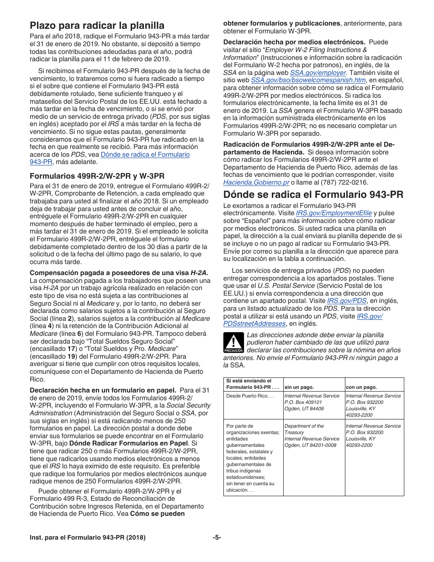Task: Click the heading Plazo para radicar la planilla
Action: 97,25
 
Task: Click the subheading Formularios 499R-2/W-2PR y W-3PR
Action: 97,176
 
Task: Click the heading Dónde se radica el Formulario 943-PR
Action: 313,195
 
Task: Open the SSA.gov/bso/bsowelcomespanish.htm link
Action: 302,80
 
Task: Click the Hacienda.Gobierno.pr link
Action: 256,182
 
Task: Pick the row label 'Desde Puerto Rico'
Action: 249,396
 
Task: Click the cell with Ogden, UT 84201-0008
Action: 310,445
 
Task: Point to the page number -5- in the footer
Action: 217,538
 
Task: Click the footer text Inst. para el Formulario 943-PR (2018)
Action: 88,538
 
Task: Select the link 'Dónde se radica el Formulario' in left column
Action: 145,154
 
